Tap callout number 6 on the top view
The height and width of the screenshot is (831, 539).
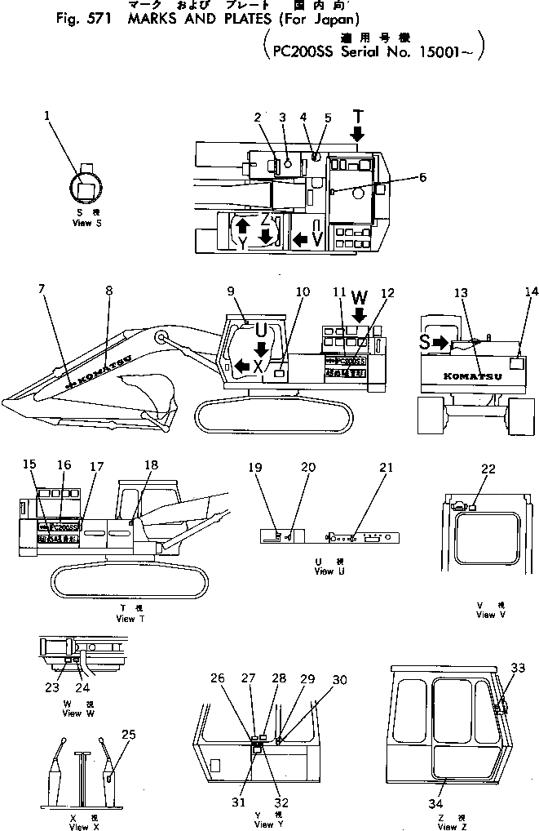(x=422, y=176)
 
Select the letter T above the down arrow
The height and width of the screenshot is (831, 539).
(x=360, y=115)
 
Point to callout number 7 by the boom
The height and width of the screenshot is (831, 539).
(x=42, y=288)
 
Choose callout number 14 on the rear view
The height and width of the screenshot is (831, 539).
(x=531, y=291)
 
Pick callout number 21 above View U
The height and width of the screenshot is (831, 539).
(x=386, y=468)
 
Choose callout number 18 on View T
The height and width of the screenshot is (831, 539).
(x=152, y=464)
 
